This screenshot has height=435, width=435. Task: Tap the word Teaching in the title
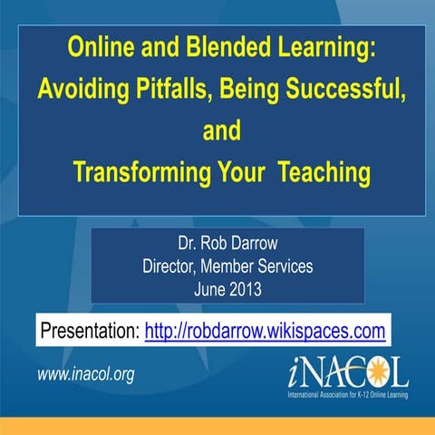(323, 172)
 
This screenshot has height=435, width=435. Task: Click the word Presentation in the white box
(89, 329)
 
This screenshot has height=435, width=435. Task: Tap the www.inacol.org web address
(85, 374)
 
